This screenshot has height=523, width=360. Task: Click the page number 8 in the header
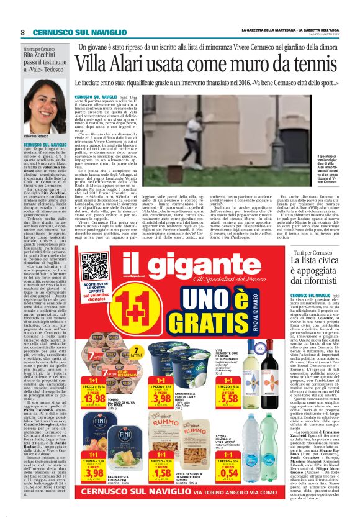point(22,32)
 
